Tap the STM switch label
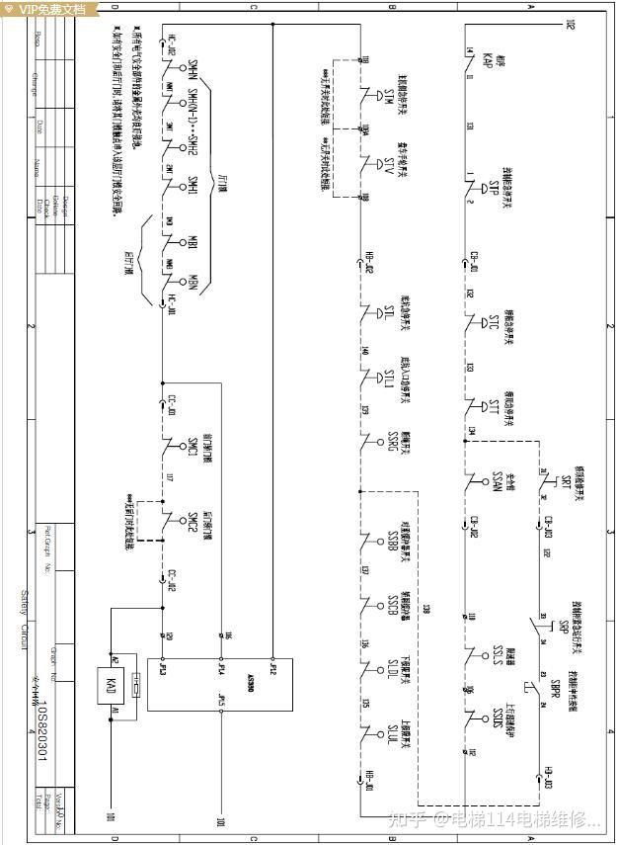388,96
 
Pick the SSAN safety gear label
499,481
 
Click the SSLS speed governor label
499,655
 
